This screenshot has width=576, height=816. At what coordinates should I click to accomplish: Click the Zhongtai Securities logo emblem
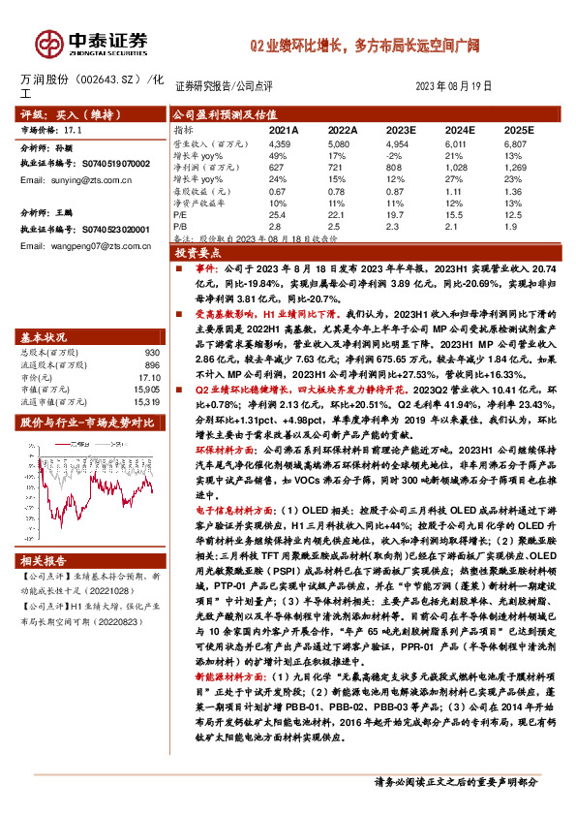click(x=47, y=43)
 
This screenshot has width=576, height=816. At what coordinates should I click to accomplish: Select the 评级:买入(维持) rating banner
click(x=68, y=113)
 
